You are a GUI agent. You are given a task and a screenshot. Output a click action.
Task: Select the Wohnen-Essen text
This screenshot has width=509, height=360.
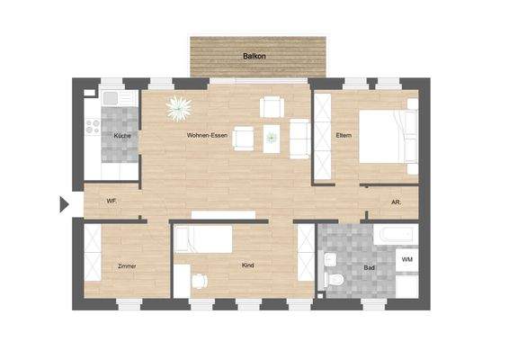click(206, 135)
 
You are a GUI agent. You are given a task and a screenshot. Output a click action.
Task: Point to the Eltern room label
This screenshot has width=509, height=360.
click(343, 135)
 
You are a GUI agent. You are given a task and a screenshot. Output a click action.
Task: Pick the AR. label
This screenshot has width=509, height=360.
click(396, 202)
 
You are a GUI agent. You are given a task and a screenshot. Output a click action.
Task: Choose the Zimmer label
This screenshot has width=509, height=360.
click(127, 266)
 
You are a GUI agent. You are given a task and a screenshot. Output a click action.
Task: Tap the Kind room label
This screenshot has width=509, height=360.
click(248, 265)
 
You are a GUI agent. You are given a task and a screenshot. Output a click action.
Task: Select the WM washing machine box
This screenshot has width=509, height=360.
click(406, 259)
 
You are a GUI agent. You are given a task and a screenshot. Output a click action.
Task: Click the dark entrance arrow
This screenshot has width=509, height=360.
click(64, 204)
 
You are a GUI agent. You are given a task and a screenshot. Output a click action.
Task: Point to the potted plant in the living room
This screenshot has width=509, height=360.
click(179, 108)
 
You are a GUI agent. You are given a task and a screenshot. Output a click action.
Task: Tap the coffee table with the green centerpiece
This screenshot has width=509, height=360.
click(272, 138)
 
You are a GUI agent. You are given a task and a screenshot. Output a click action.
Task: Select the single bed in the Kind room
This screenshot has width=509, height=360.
click(203, 239)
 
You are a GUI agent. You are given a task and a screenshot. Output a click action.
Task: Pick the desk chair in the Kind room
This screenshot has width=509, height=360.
click(199, 280)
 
